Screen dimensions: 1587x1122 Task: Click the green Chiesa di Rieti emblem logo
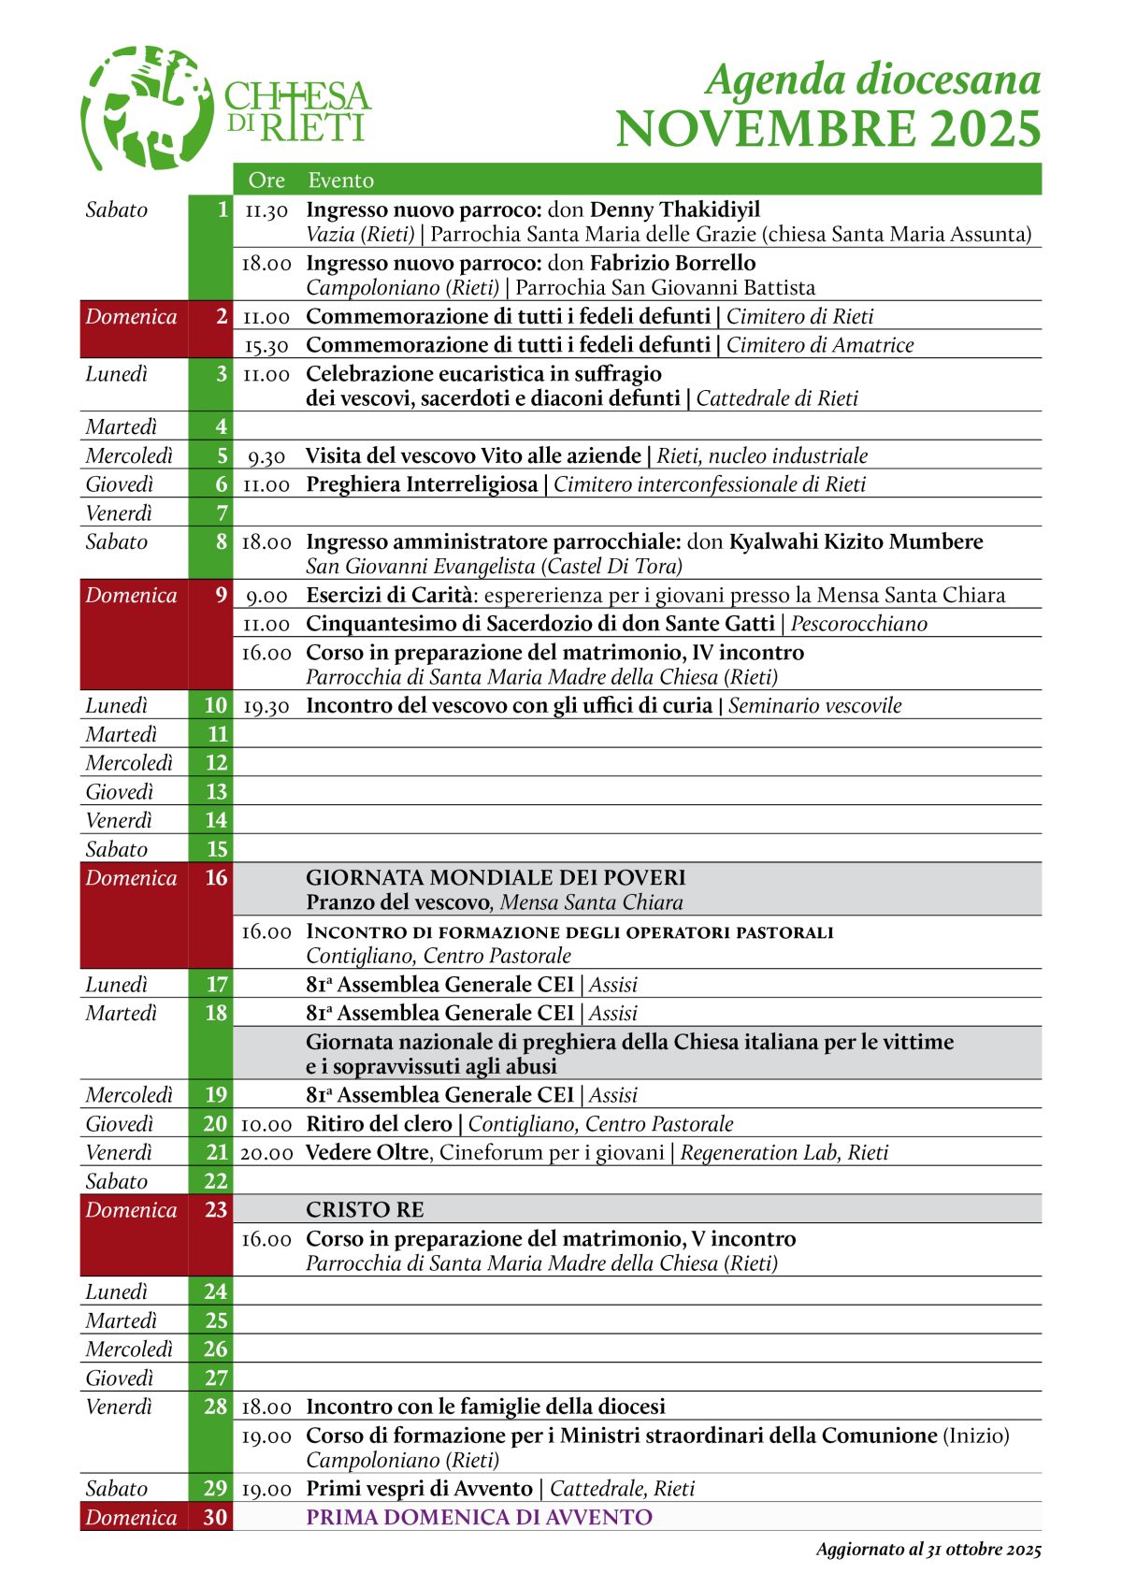point(148,107)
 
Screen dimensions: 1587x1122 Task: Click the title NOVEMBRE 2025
point(827,129)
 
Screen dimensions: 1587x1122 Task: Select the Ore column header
point(266,180)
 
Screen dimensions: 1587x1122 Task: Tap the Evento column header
point(340,180)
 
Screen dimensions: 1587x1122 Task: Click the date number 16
point(216,878)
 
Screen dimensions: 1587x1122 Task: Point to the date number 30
point(216,1517)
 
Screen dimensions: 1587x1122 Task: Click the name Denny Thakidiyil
point(675,209)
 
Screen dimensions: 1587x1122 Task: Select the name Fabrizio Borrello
point(672,263)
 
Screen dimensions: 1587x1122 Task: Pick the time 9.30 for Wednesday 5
point(266,457)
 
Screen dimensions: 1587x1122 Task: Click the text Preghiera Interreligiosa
point(422,484)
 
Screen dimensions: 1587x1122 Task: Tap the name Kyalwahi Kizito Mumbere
point(856,542)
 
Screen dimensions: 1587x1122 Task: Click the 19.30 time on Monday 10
point(266,706)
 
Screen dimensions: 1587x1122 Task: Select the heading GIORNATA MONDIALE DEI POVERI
point(496,878)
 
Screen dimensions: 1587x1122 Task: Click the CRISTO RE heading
point(365,1210)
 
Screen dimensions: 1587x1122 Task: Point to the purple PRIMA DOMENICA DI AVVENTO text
point(479,1517)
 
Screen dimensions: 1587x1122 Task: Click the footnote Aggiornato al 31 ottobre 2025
point(928,1550)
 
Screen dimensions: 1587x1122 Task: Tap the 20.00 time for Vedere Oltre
point(266,1153)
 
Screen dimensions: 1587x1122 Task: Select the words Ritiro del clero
point(379,1124)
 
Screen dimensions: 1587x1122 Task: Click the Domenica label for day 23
point(131,1210)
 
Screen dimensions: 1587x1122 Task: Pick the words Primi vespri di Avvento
point(419,1489)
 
